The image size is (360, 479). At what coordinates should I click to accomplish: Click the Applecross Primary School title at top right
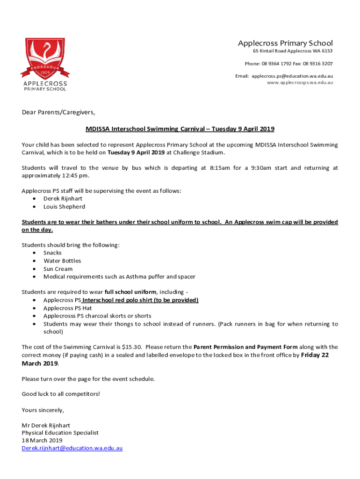tap(285, 43)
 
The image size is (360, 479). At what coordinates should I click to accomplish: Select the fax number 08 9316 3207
tap(317, 64)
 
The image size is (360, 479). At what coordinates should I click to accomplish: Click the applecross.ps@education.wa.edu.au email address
tap(292, 76)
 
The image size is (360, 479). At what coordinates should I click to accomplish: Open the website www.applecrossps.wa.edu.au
tap(300, 82)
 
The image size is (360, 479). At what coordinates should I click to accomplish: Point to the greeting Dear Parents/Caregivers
tap(58, 112)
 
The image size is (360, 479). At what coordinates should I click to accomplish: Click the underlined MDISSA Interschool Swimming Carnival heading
tap(180, 129)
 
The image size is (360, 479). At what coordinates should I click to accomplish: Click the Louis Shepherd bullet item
tap(64, 207)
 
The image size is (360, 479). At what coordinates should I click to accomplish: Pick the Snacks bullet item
tap(52, 253)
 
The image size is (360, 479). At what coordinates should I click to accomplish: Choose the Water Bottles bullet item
tap(62, 261)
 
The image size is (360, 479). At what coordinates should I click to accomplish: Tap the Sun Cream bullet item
tap(58, 269)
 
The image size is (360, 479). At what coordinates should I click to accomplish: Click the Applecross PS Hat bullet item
tap(67, 308)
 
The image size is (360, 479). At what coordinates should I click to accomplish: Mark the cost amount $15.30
tap(131, 347)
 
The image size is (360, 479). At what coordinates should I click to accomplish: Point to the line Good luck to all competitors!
tap(61, 394)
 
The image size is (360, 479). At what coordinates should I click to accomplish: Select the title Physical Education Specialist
tap(60, 433)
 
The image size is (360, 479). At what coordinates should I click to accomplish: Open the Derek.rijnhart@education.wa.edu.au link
tap(72, 448)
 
